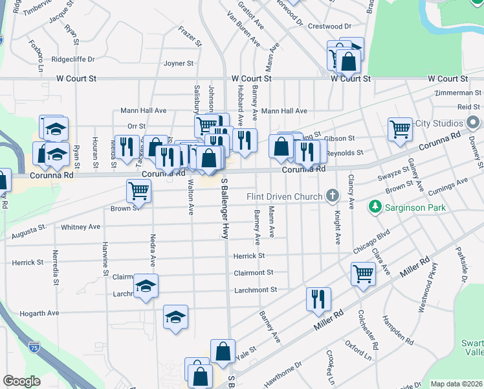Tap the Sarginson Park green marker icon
click(374, 207)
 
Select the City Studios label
click(439, 123)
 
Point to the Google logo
click(21, 381)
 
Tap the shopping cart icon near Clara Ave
click(363, 273)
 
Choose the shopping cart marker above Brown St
click(139, 191)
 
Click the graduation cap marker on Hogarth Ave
click(175, 317)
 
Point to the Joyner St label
click(179, 64)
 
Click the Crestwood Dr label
click(329, 27)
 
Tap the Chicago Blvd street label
click(371, 242)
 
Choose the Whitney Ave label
click(80, 228)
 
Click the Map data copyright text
click(456, 384)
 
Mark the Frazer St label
click(190, 30)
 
